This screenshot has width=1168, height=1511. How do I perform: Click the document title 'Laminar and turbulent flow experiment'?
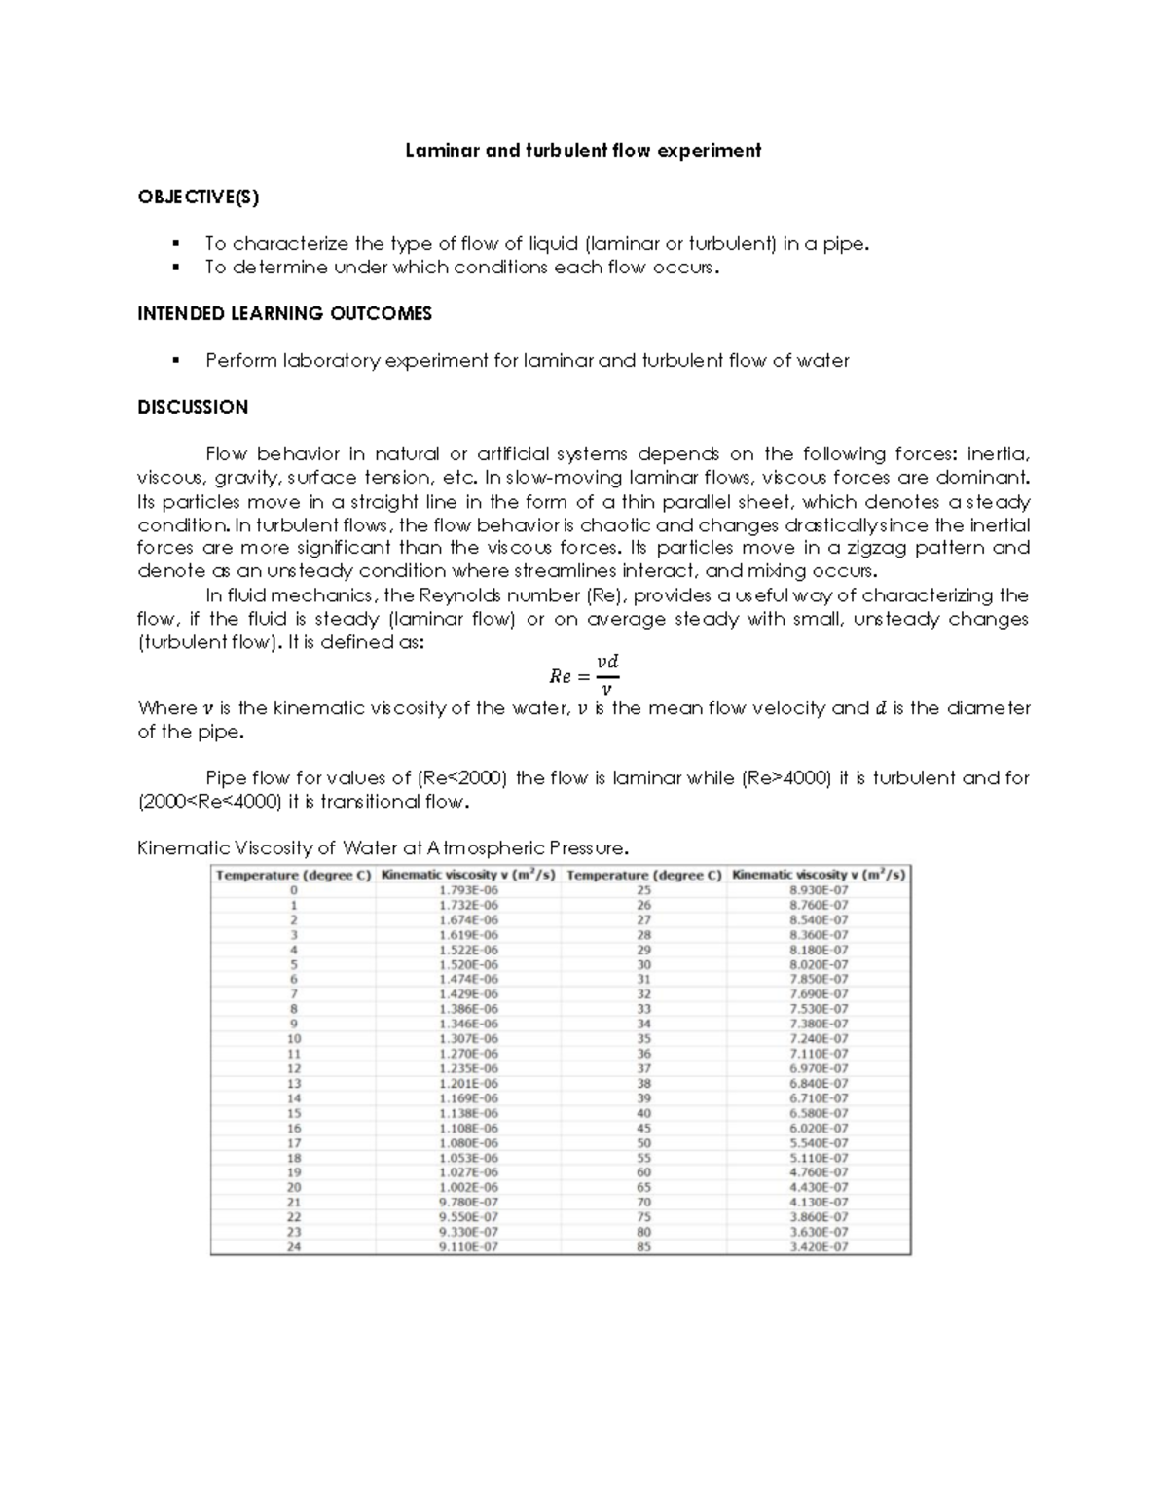pyautogui.click(x=583, y=150)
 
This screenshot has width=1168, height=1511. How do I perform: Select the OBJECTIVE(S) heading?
pyautogui.click(x=199, y=198)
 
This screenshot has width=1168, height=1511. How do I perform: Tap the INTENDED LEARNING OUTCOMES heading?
pyautogui.click(x=284, y=313)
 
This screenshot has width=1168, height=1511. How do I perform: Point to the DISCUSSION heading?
pyautogui.click(x=193, y=407)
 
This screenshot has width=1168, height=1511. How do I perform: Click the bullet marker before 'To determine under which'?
pyautogui.click(x=175, y=267)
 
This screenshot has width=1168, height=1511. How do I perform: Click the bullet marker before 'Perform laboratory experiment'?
pyautogui.click(x=175, y=360)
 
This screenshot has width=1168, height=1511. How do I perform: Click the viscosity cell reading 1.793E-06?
pyautogui.click(x=468, y=890)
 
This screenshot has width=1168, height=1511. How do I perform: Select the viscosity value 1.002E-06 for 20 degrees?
pyautogui.click(x=468, y=1187)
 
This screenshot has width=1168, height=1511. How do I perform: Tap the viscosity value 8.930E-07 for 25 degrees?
pyautogui.click(x=819, y=890)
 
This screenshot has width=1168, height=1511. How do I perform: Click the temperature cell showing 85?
pyautogui.click(x=643, y=1246)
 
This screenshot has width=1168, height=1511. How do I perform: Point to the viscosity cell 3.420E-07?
pyautogui.click(x=819, y=1246)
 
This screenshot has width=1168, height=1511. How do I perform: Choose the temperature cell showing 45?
pyautogui.click(x=643, y=1128)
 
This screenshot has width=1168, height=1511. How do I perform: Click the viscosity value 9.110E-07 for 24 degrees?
pyautogui.click(x=468, y=1246)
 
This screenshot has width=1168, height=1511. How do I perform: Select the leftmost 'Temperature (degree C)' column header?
pyautogui.click(x=293, y=875)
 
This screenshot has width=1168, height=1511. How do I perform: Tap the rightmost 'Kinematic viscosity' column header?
pyautogui.click(x=819, y=875)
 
